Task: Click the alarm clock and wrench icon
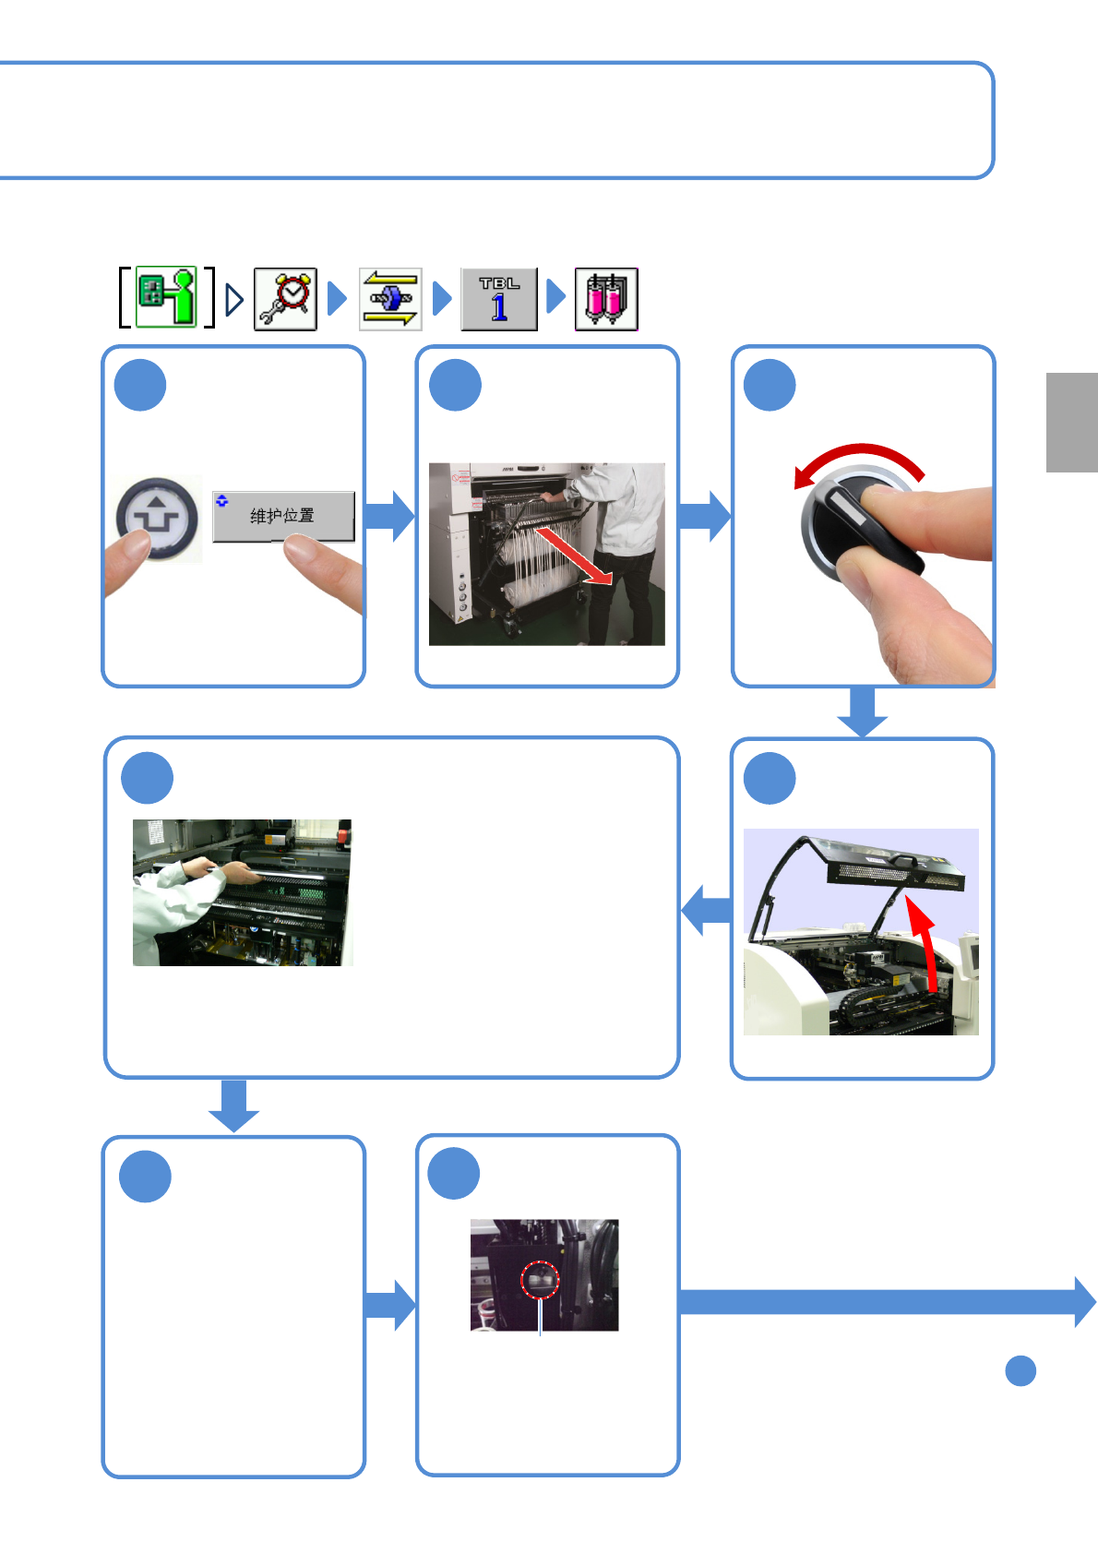click(285, 299)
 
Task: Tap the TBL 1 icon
click(499, 299)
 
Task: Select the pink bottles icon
click(606, 299)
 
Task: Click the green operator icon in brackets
click(167, 297)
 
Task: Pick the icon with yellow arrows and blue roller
click(390, 299)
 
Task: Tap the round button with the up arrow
click(157, 519)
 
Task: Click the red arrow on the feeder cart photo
click(574, 556)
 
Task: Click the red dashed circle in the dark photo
click(540, 1280)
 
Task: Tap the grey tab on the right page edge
click(1071, 423)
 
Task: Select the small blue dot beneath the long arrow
click(1020, 1371)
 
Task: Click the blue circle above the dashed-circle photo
click(454, 1174)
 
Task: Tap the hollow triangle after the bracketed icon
click(234, 299)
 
